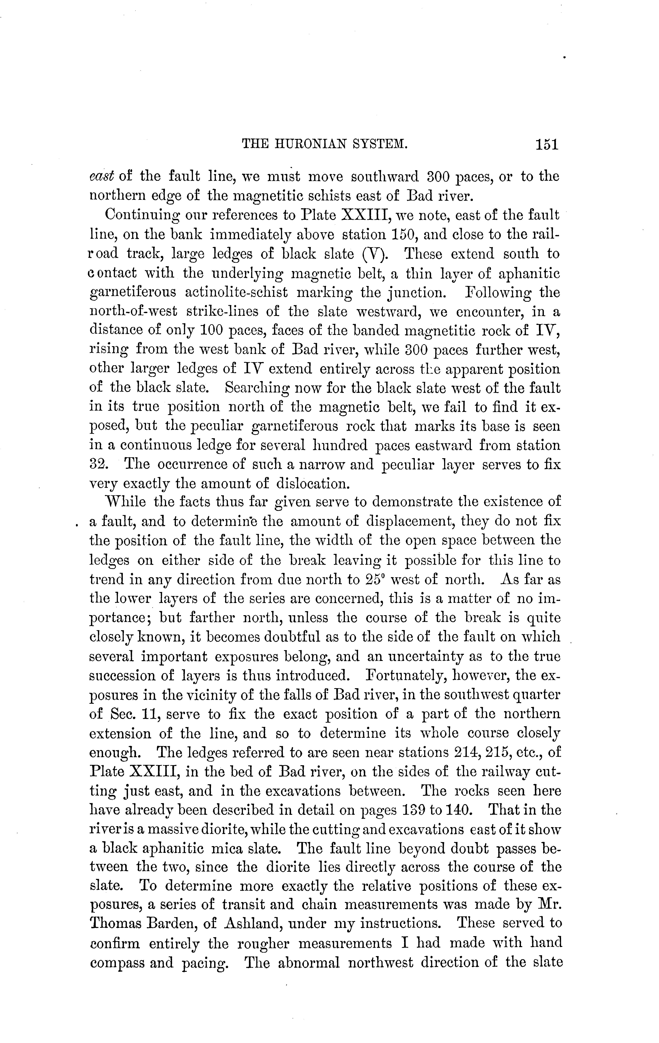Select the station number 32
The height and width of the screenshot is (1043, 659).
(99, 464)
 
